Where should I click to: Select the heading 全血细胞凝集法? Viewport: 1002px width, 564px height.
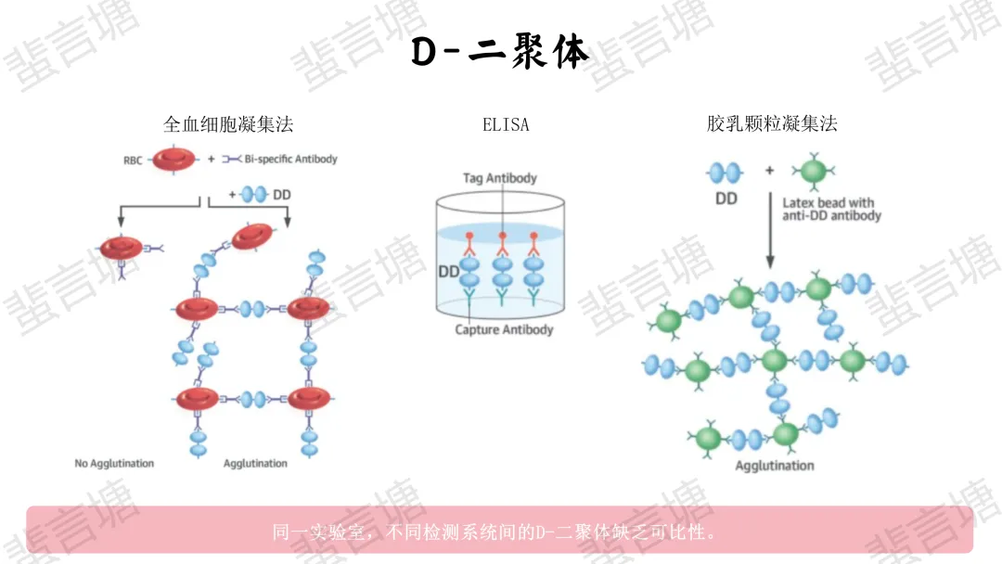click(x=228, y=124)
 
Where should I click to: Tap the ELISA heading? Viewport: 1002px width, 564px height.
click(x=506, y=124)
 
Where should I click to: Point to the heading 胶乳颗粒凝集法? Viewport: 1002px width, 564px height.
click(x=772, y=124)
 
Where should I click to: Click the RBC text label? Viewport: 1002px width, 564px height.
click(x=134, y=160)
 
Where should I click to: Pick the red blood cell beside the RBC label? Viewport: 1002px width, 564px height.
click(x=174, y=160)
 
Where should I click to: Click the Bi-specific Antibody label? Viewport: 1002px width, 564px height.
click(x=289, y=160)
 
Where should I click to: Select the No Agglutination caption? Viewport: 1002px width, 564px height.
click(x=114, y=463)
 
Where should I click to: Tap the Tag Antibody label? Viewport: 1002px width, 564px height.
click(x=500, y=178)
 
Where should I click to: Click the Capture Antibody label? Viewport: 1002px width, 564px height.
click(x=504, y=330)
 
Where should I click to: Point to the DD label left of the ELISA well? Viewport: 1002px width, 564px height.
click(x=448, y=272)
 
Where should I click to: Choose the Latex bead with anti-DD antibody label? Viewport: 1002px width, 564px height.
click(x=831, y=209)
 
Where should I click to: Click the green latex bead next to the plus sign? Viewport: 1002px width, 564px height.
click(x=813, y=171)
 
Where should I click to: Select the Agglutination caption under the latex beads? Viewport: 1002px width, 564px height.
click(x=774, y=466)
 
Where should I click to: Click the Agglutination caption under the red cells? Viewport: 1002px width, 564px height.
click(x=255, y=463)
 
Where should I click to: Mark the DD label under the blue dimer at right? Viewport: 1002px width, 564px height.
click(x=726, y=198)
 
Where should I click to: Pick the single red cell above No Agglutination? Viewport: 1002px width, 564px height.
click(x=122, y=248)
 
